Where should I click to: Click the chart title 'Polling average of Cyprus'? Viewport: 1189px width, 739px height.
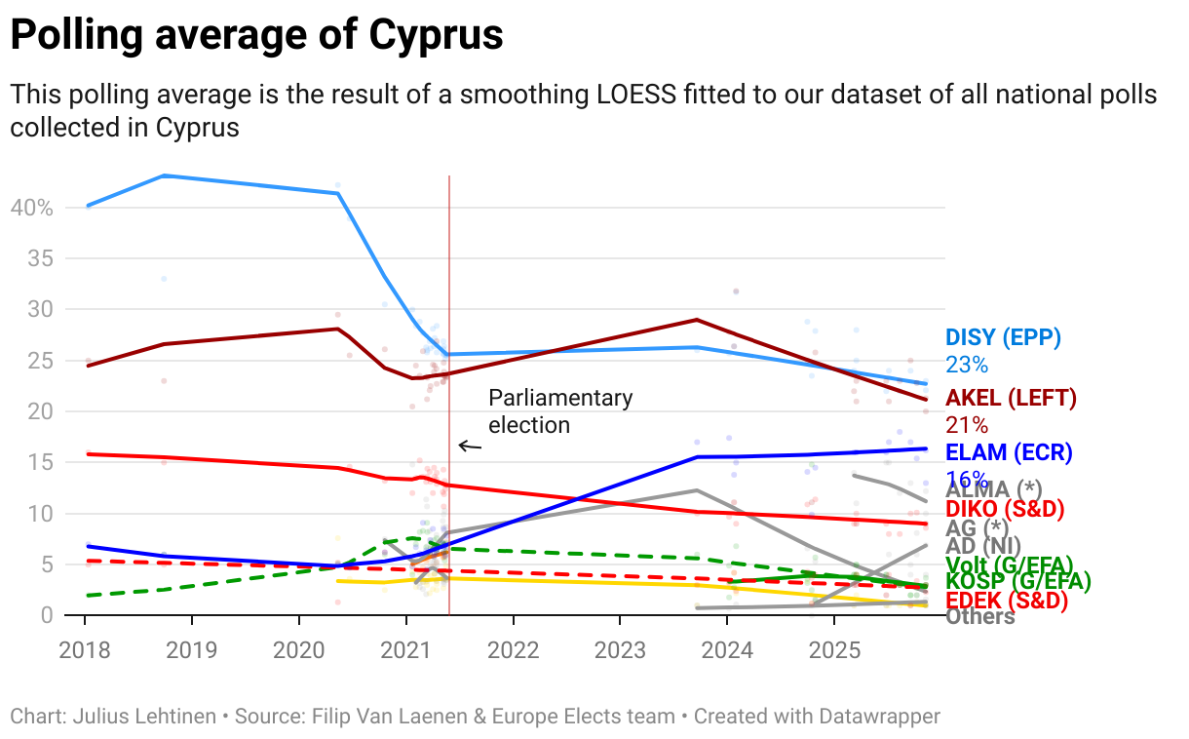[256, 36]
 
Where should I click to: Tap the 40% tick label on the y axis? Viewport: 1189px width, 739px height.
[31, 208]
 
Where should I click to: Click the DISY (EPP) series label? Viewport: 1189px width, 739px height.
[1003, 337]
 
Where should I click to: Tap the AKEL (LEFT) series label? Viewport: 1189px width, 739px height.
[1011, 398]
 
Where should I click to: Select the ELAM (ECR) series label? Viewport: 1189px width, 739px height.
[1009, 452]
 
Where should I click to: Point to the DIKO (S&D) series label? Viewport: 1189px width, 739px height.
[1005, 509]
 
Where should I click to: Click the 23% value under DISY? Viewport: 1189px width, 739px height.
[967, 366]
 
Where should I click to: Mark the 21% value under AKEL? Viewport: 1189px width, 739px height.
[967, 425]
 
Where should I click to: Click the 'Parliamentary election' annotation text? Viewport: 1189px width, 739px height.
[559, 410]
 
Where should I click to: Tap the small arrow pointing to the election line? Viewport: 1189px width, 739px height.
[470, 447]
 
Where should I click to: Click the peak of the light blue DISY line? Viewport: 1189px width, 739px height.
[163, 175]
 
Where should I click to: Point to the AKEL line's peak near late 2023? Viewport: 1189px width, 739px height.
[697, 319]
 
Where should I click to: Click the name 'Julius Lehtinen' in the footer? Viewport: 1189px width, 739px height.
[144, 717]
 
